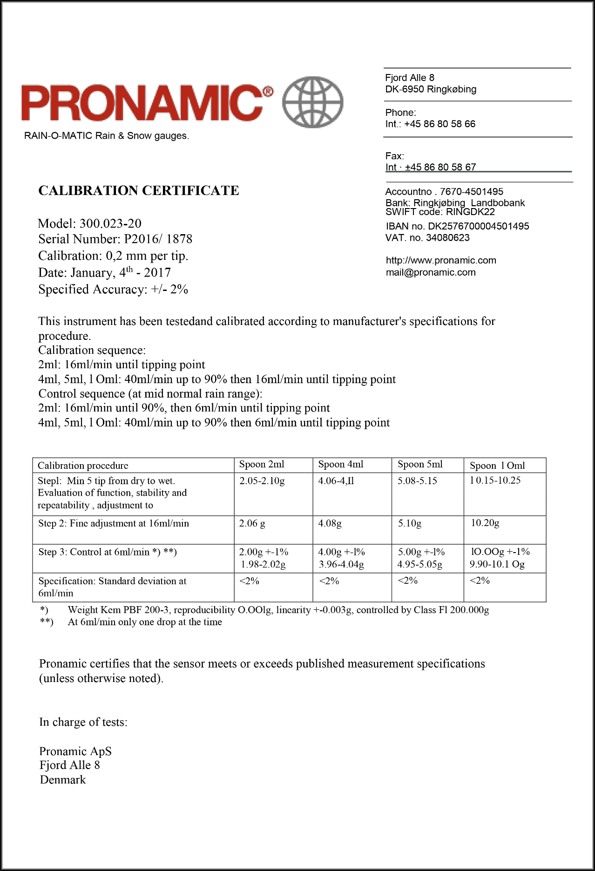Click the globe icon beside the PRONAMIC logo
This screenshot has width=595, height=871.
pyautogui.click(x=313, y=102)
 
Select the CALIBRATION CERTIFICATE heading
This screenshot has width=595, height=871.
pyautogui.click(x=139, y=191)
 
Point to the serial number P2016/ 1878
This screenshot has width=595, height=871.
pyautogui.click(x=158, y=239)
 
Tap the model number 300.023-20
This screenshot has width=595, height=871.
pyautogui.click(x=110, y=223)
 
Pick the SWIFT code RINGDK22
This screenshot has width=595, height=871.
pyautogui.click(x=470, y=212)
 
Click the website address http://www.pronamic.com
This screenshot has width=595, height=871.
pyautogui.click(x=441, y=261)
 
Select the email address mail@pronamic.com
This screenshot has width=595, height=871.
pyautogui.click(x=431, y=273)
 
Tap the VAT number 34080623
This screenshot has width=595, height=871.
pyautogui.click(x=448, y=238)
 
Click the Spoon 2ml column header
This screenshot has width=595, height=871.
pyautogui.click(x=262, y=465)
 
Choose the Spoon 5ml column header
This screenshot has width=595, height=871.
pyautogui.click(x=420, y=465)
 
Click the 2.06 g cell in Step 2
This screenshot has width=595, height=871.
pyautogui.click(x=252, y=524)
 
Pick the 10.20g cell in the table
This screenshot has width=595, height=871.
pyautogui.click(x=485, y=523)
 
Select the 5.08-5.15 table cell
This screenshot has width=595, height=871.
pyautogui.click(x=417, y=481)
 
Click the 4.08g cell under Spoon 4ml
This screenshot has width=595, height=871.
pyautogui.click(x=330, y=524)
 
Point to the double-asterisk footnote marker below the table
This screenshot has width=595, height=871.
pyautogui.click(x=47, y=622)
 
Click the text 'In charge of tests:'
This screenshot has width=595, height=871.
pyautogui.click(x=83, y=722)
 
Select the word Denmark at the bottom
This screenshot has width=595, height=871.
pyautogui.click(x=63, y=780)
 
